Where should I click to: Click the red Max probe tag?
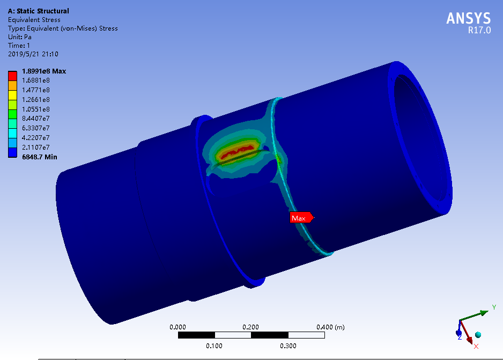coord(301,218)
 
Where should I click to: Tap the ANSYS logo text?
coord(468,18)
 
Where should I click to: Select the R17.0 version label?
coord(479,30)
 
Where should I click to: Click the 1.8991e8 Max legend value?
coord(44,71)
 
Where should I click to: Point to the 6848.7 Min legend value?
coord(40,157)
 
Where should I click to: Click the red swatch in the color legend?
coord(12,76)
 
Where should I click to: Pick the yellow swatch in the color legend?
coord(12,95)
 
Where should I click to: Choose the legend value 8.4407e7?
coord(35,119)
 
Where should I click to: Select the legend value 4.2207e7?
coord(35,138)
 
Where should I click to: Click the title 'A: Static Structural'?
coord(39,11)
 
